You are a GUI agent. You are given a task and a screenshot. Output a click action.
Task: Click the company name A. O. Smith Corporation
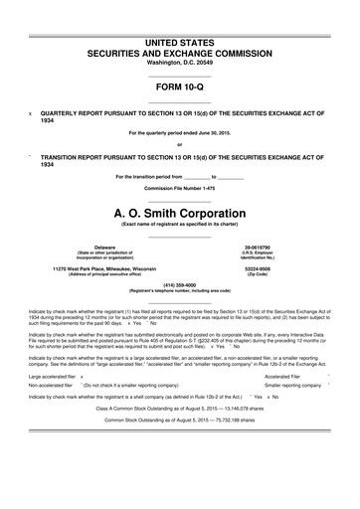179,213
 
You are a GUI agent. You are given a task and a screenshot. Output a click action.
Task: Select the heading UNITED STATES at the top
179,15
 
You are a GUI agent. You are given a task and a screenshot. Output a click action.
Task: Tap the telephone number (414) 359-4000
179,285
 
